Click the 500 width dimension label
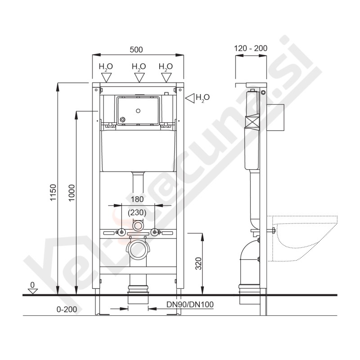(x=136, y=49)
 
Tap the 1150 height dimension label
(x=53, y=193)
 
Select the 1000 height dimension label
(x=72, y=193)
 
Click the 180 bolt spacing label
(x=137, y=199)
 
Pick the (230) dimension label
(x=137, y=212)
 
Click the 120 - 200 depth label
(x=251, y=48)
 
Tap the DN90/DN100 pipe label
(x=190, y=305)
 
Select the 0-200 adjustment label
(x=67, y=310)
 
